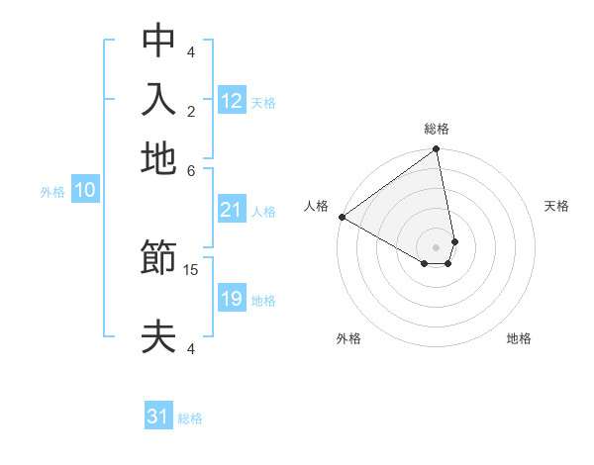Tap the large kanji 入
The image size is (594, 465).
pos(158,99)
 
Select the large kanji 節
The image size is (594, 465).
pos(158,260)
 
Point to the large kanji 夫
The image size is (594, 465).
pos(158,336)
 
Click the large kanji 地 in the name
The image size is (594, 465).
pos(158,158)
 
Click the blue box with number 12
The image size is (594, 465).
pos(232,101)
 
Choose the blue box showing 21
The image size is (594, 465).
pos(232,210)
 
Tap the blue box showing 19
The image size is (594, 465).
pos(232,299)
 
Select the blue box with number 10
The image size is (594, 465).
pos(84,191)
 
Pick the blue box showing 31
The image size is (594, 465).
pos(158,417)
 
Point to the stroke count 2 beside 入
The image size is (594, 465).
pos(191,111)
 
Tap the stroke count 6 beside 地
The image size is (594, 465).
pos(191,169)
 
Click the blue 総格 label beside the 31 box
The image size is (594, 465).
pos(190,418)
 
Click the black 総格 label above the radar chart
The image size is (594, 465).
pos(437,129)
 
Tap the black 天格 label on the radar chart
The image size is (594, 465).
pos(557,206)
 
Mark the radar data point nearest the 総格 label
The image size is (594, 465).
pos(436,150)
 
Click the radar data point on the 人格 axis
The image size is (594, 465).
pos(342,217)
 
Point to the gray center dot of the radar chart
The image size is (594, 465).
pos(437,246)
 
